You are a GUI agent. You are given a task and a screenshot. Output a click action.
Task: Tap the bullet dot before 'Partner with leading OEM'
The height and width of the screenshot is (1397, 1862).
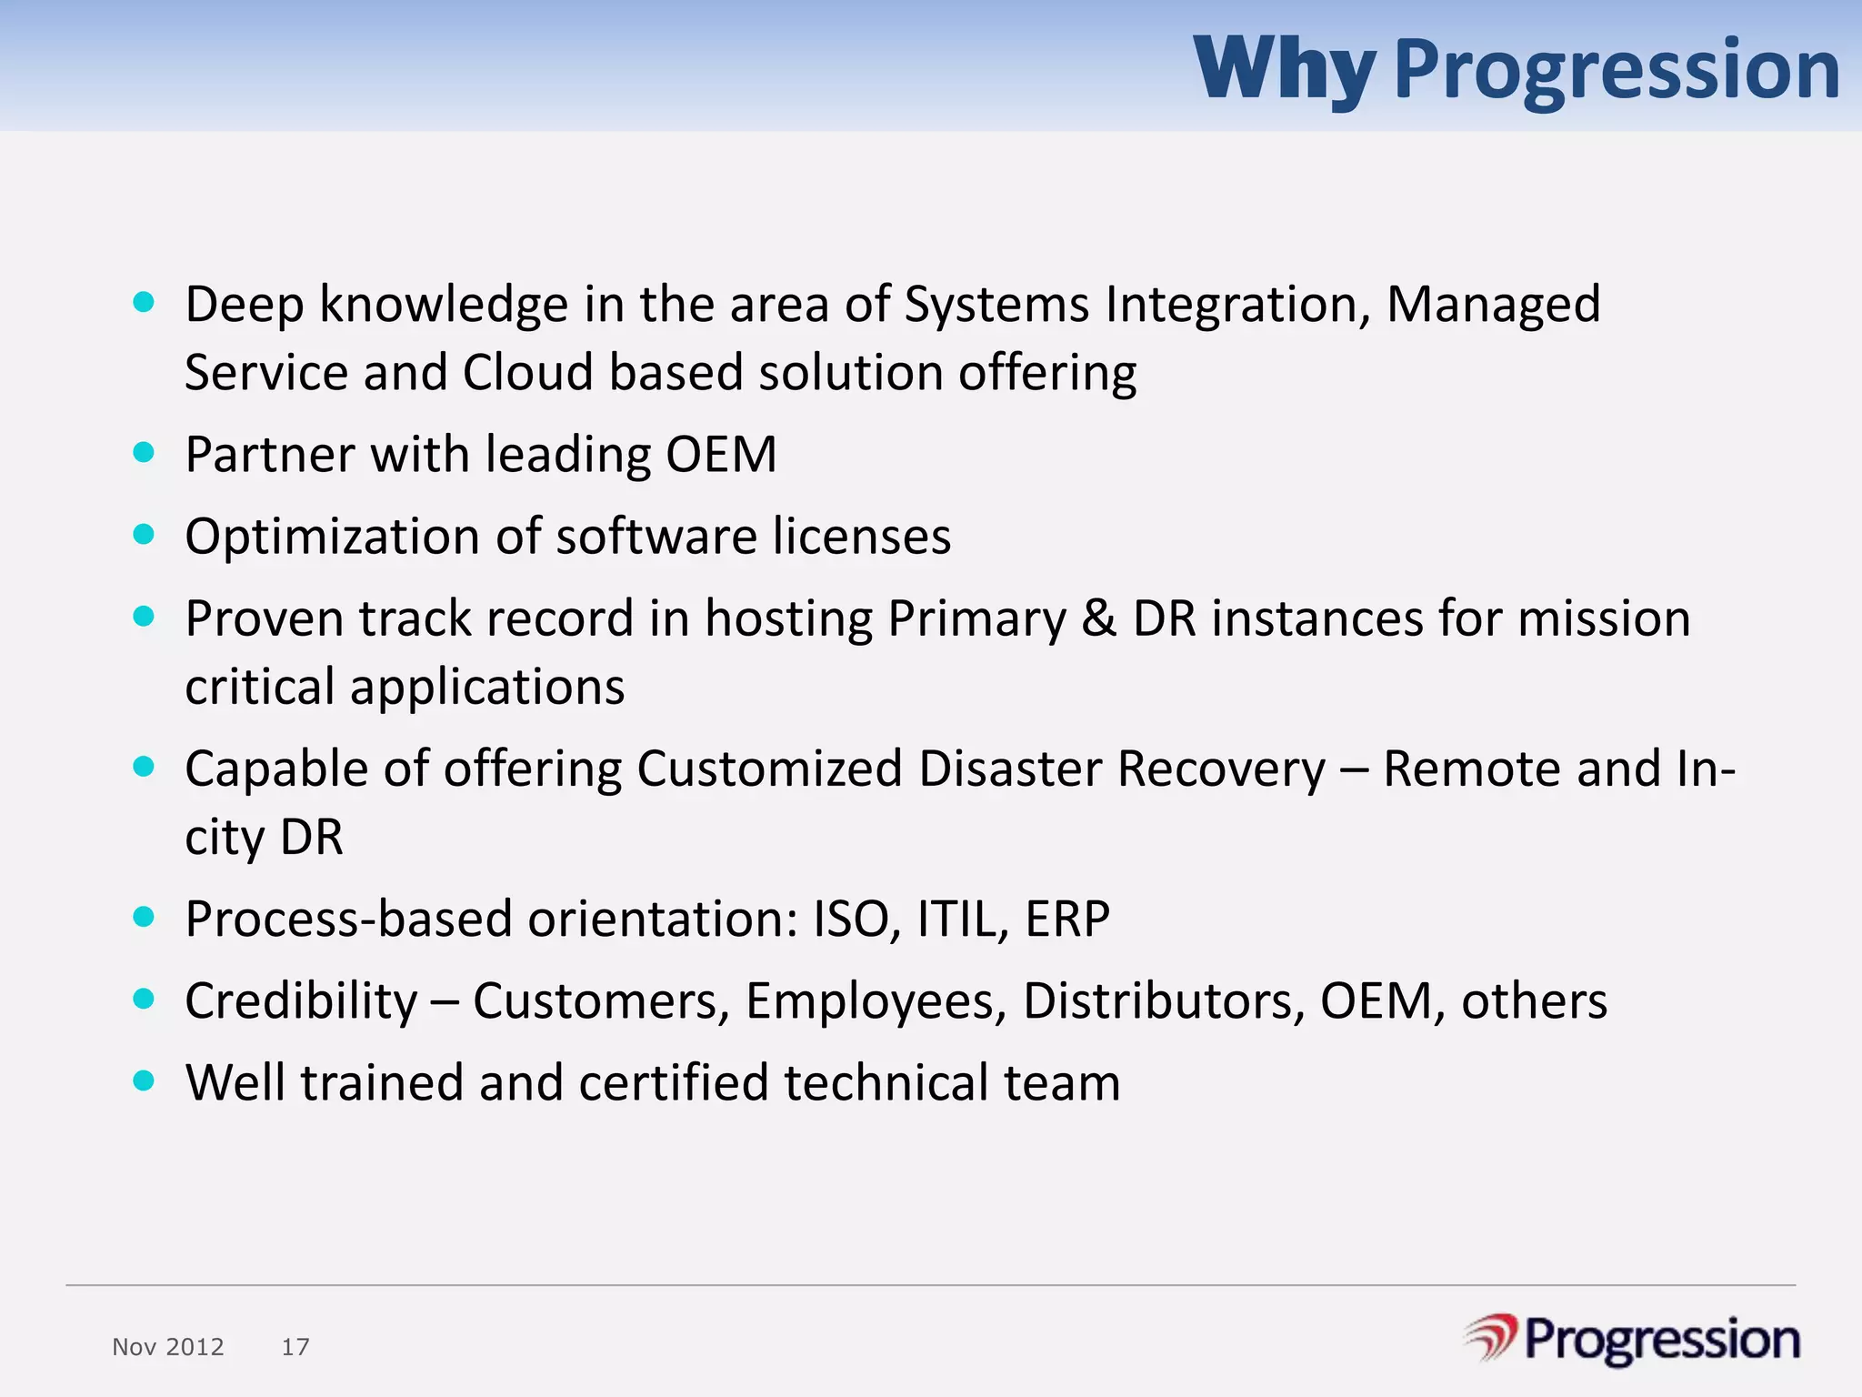coord(144,452)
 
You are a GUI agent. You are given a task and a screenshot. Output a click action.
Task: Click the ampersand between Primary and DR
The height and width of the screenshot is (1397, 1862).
coord(1098,618)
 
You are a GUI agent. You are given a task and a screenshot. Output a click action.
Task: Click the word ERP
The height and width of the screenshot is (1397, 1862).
coord(1067,919)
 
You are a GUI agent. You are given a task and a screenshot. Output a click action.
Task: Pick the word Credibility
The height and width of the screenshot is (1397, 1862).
coord(301,1001)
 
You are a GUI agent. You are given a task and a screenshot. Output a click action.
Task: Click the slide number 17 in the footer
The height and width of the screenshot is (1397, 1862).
coord(295,1347)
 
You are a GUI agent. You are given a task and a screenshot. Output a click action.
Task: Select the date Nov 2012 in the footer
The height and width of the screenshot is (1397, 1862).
coord(168,1347)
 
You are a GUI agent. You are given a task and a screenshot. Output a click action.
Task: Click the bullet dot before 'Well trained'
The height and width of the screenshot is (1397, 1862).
coord(144,1080)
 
